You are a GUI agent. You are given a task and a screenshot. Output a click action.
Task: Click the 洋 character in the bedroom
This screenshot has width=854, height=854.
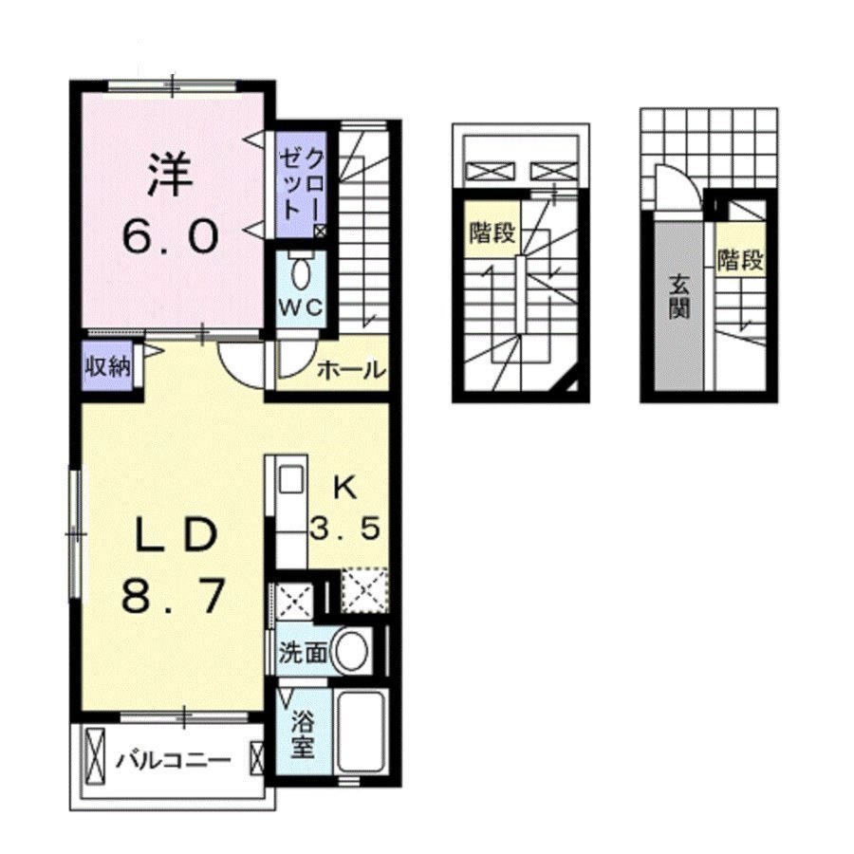tap(170, 174)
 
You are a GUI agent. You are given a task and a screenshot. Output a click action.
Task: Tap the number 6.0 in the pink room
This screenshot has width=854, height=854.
tap(171, 235)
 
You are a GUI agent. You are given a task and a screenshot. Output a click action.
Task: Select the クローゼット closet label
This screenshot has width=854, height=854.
tap(301, 184)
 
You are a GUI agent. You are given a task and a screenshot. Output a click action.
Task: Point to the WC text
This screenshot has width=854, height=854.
tap(301, 307)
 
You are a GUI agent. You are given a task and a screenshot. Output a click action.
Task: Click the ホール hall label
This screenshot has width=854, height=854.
tap(351, 370)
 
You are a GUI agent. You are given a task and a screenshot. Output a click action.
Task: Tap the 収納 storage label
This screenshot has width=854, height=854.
tap(108, 366)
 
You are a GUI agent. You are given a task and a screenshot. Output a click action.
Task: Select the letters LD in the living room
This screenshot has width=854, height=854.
tap(176, 534)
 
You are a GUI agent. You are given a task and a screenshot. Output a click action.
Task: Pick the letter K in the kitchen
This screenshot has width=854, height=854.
tap(345, 488)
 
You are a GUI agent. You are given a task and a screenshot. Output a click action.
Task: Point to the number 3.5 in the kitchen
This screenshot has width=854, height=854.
tap(344, 528)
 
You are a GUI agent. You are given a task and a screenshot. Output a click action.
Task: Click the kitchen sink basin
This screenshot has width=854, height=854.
tap(291, 480)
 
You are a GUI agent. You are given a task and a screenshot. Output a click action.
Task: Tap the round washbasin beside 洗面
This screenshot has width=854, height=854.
tap(350, 651)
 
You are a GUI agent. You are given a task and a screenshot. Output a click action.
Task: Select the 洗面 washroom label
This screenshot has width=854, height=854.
tap(303, 651)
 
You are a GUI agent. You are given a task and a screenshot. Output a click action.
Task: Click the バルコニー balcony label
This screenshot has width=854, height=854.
tap(174, 759)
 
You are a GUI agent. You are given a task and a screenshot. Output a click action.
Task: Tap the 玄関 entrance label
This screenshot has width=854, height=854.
tap(678, 297)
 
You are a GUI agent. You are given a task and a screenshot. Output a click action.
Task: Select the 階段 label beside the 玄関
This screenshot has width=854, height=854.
tap(740, 260)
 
